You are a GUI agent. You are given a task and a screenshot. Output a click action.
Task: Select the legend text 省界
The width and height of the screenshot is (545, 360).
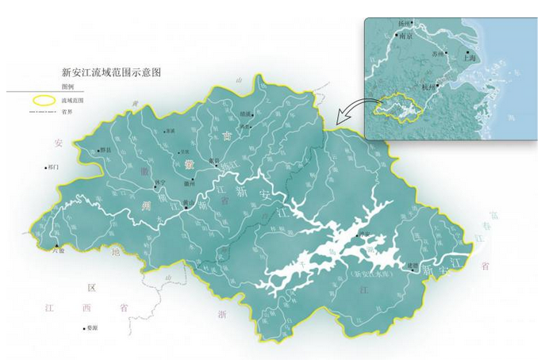(67, 112)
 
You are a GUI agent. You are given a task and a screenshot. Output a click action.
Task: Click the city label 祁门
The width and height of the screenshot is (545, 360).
(54, 167)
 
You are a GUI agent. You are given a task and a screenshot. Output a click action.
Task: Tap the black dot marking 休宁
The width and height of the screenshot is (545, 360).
(155, 187)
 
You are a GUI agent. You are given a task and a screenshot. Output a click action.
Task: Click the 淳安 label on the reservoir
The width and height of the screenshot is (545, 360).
(364, 234)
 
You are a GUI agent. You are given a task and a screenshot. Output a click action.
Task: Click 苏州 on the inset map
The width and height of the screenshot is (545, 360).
(439, 53)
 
